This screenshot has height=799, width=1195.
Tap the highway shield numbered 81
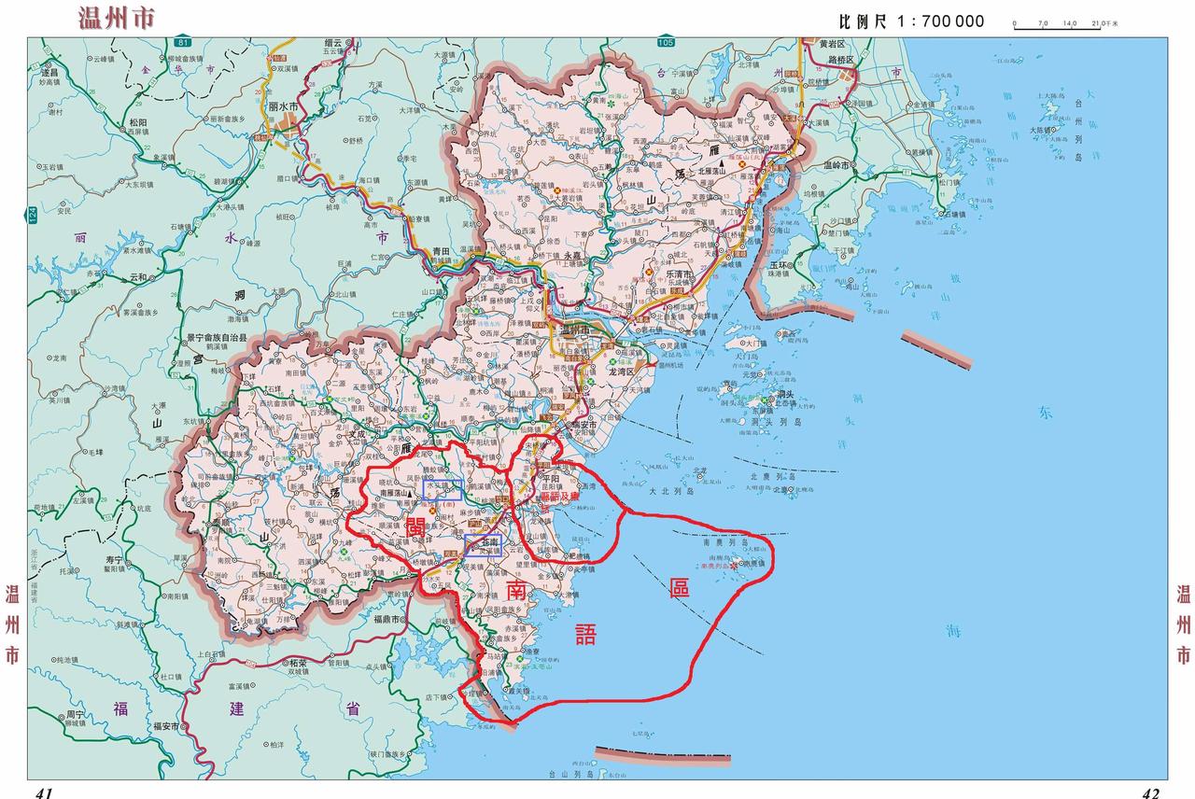(183, 43)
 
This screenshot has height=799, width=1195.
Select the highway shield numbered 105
(665, 43)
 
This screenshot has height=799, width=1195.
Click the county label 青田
(442, 251)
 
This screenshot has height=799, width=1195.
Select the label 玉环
(780, 265)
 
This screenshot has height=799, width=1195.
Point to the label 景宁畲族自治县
(216, 337)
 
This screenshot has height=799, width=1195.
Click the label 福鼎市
(387, 619)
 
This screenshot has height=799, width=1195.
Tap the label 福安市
(164, 726)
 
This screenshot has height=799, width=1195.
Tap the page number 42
(1150, 792)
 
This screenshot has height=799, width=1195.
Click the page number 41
(44, 792)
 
